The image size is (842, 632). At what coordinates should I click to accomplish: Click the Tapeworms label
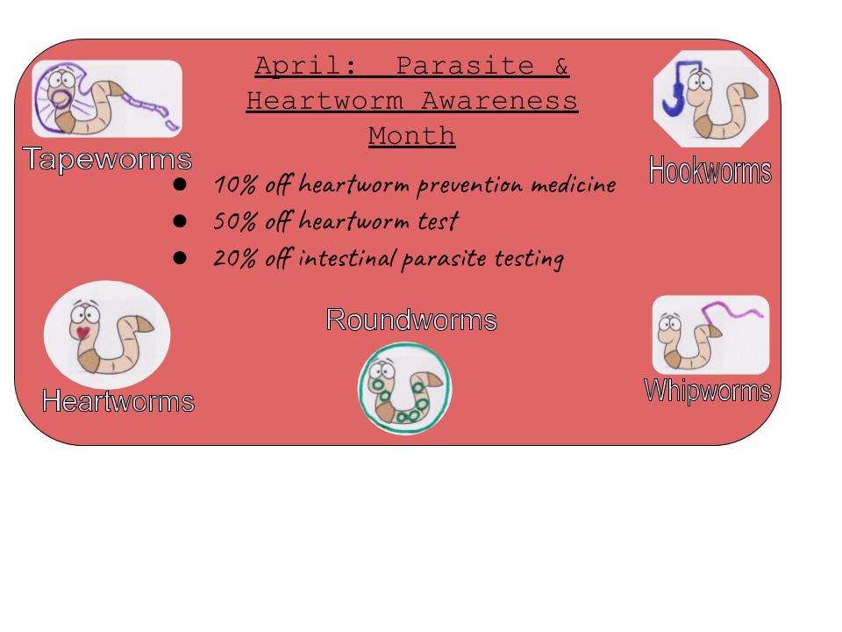point(107,159)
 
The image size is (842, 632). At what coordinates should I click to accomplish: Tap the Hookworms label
point(710,170)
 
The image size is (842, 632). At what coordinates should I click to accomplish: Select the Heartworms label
point(118,401)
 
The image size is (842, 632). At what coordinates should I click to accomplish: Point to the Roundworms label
point(411,320)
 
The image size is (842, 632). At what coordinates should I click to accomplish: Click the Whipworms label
point(708,391)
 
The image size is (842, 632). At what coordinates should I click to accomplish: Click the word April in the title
point(305,66)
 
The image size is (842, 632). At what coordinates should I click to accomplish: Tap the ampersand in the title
point(561,66)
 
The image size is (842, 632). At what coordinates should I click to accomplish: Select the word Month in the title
point(412,135)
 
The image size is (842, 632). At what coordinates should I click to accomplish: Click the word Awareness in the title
point(499,101)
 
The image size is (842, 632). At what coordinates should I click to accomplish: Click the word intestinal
point(347,258)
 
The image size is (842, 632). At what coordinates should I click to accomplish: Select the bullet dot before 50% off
point(180,221)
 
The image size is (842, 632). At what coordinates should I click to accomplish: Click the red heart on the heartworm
point(82,333)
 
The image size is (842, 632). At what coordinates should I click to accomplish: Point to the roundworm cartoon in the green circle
point(405,388)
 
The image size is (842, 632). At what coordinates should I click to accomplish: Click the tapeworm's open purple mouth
point(59,97)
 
